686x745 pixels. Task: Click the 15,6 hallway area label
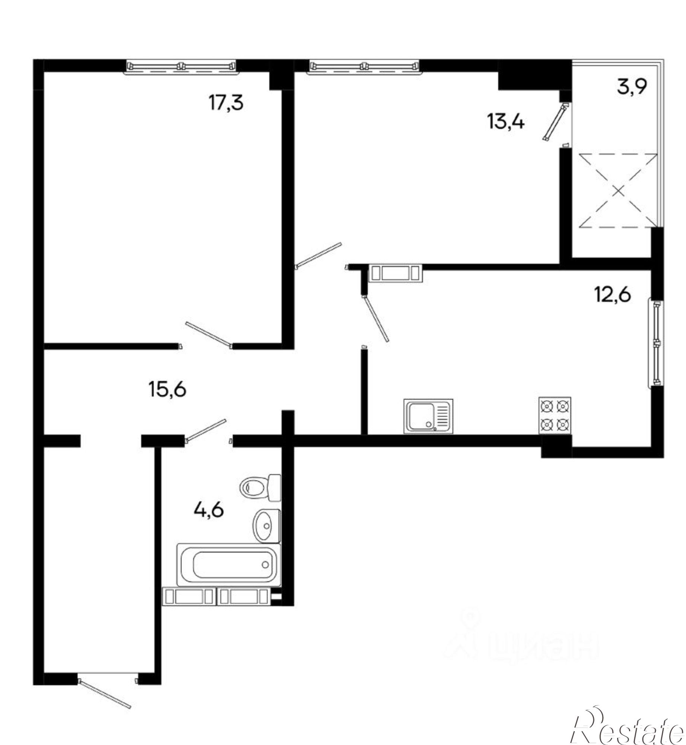(167, 390)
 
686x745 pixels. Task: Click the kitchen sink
(428, 416)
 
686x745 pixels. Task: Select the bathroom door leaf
(206, 430)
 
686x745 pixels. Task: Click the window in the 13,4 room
(363, 67)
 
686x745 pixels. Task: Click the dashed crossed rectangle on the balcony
(618, 190)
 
